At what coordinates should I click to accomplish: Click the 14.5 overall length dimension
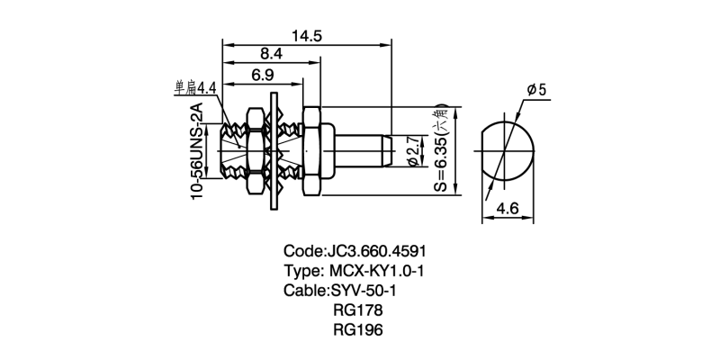coord(307,35)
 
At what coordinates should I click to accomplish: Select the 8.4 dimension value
coord(271,54)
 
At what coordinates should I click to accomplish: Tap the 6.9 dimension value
coord(263,74)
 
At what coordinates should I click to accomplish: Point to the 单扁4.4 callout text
coord(196,88)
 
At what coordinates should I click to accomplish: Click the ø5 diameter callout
coord(535,90)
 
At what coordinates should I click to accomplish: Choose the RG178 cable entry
coord(357,310)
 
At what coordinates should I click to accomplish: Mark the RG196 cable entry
coord(357,330)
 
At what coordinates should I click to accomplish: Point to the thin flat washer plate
coord(274,149)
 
